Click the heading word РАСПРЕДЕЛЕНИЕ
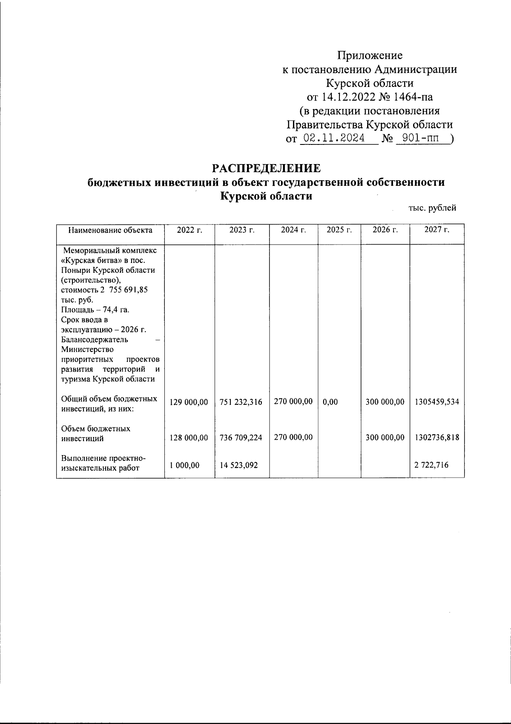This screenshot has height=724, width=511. [267, 168]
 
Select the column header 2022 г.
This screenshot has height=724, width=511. [189, 230]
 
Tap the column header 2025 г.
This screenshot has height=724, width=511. [339, 230]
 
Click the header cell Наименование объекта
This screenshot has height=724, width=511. [110, 231]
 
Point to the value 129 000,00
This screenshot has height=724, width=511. [189, 402]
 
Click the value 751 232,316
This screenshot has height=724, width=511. [241, 402]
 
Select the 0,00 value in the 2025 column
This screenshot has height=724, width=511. [330, 402]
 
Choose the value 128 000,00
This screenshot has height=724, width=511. [189, 438]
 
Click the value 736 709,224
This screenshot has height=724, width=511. [241, 438]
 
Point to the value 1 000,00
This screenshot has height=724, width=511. [184, 465]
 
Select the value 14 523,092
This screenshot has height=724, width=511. [239, 465]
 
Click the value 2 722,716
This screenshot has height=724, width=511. [431, 465]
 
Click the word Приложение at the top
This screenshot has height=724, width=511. [370, 55]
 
